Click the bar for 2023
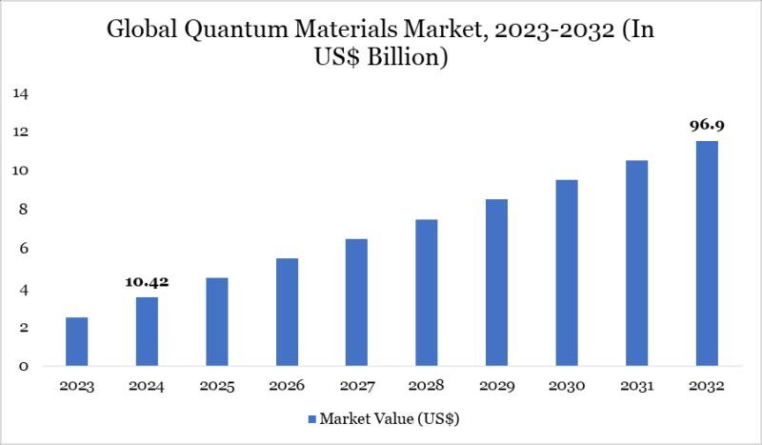click(76, 341)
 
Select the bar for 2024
click(147, 332)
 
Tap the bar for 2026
click(287, 312)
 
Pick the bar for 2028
click(427, 293)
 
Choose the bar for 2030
click(566, 273)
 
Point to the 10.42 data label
click(147, 283)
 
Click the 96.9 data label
click(706, 125)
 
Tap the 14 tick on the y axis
click(21, 93)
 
